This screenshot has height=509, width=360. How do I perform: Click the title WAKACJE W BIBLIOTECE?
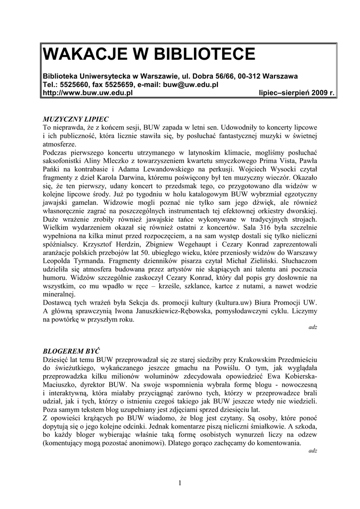point(149,54)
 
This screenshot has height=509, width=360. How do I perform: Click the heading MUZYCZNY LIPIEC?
point(76,120)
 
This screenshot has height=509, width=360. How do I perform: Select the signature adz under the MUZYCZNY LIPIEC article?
point(313,328)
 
